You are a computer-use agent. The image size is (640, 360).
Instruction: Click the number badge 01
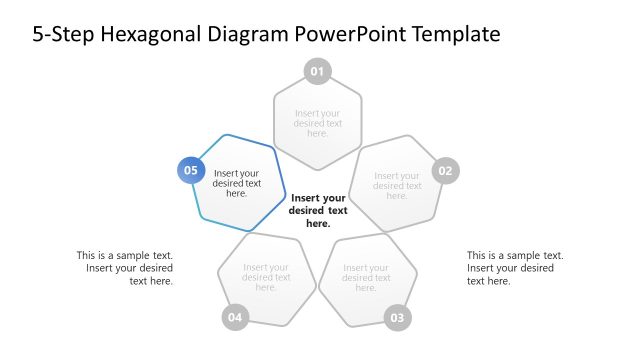coord(318,71)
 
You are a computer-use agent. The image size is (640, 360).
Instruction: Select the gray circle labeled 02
coord(445,171)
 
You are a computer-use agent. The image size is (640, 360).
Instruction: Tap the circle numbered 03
coord(397,318)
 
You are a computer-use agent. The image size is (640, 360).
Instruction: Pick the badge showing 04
coord(235,318)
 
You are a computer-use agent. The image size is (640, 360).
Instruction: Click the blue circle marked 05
coord(191,170)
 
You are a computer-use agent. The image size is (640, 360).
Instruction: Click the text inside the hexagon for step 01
coord(318,123)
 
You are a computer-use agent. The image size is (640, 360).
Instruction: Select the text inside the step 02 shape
coord(397,186)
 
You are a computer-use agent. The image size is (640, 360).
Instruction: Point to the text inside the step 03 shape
coord(366,277)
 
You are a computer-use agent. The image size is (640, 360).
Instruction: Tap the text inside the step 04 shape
coord(266,277)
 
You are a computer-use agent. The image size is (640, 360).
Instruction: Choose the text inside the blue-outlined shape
coord(237,183)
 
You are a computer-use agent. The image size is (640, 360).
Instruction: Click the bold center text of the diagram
coord(318,210)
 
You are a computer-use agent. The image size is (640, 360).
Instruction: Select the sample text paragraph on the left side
coord(125,268)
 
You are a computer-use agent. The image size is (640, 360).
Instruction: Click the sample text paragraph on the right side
coord(515,268)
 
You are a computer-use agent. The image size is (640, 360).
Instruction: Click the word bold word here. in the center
coord(318,224)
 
